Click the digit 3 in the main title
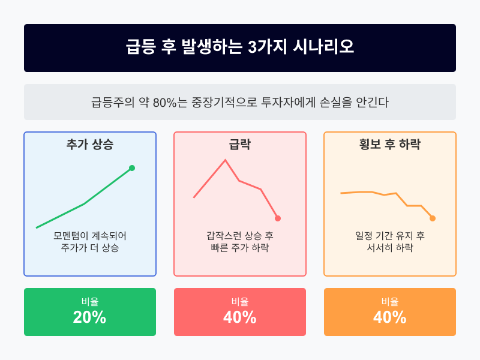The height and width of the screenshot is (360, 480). coord(252,48)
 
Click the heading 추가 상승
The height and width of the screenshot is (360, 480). coord(90,145)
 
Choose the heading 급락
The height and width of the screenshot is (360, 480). coord(240,145)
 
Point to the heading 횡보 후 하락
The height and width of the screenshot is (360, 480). coord(390,145)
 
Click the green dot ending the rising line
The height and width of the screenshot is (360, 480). coord(132,168)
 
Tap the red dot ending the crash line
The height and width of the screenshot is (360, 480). coord(278,218)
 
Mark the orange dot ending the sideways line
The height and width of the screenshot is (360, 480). coord(433,218)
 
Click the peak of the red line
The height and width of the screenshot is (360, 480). coord(225,160)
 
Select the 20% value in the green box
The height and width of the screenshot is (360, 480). coord(90,318)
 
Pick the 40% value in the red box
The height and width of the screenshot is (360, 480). coord(240,318)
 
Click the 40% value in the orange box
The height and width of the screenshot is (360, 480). coord(390,318)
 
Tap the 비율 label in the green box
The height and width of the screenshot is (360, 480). coord(90,302)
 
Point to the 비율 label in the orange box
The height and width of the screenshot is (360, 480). coord(390,302)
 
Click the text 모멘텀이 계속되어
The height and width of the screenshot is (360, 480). coord(90,235)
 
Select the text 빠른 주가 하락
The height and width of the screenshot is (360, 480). coord(240,248)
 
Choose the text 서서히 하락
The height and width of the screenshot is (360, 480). coord(390,248)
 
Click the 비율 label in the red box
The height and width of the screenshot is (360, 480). coord(240,302)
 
